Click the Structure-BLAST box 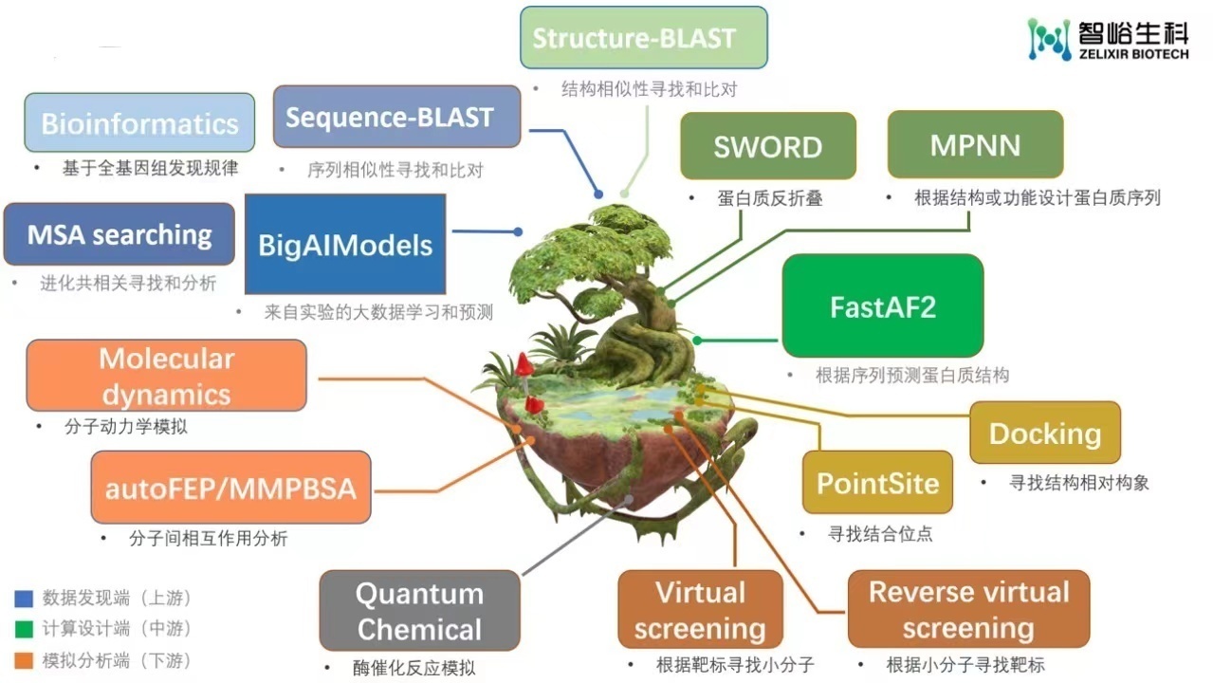(x=643, y=38)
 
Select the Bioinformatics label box (x=139, y=123)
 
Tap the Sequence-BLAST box (x=396, y=117)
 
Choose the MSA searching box (x=119, y=234)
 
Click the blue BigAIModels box (x=345, y=245)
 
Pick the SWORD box (x=767, y=146)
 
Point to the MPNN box (x=975, y=144)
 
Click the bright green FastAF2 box (x=882, y=306)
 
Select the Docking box (x=1044, y=434)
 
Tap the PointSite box (x=877, y=483)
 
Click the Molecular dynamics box (x=166, y=376)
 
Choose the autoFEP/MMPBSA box (x=230, y=488)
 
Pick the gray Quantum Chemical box (x=419, y=611)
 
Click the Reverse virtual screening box (x=968, y=609)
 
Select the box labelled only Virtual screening (x=700, y=609)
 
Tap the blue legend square (x=25, y=599)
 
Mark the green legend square (x=25, y=630)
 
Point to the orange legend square (x=25, y=661)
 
